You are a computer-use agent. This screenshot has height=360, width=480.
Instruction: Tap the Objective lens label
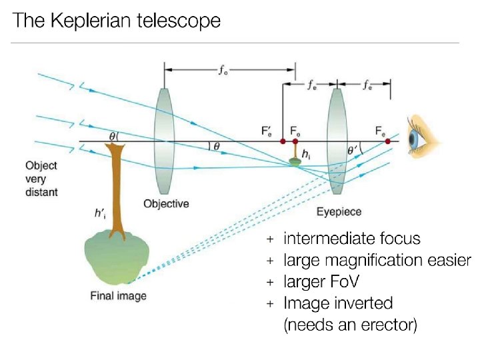tap(166, 203)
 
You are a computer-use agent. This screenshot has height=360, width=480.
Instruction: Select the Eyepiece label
tap(339, 211)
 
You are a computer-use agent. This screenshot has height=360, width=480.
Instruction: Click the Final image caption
tap(118, 295)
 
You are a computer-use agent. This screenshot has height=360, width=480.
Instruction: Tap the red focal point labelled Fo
tap(295, 141)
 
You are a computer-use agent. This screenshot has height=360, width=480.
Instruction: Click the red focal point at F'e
tap(283, 141)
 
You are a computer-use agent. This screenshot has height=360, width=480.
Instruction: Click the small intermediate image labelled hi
tap(297, 159)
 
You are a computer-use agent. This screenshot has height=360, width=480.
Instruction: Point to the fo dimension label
tap(224, 70)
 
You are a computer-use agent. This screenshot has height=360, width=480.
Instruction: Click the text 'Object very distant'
tap(41, 179)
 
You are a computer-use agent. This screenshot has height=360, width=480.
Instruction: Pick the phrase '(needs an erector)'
tap(351, 326)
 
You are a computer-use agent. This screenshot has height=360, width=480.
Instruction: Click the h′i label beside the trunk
tap(100, 214)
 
